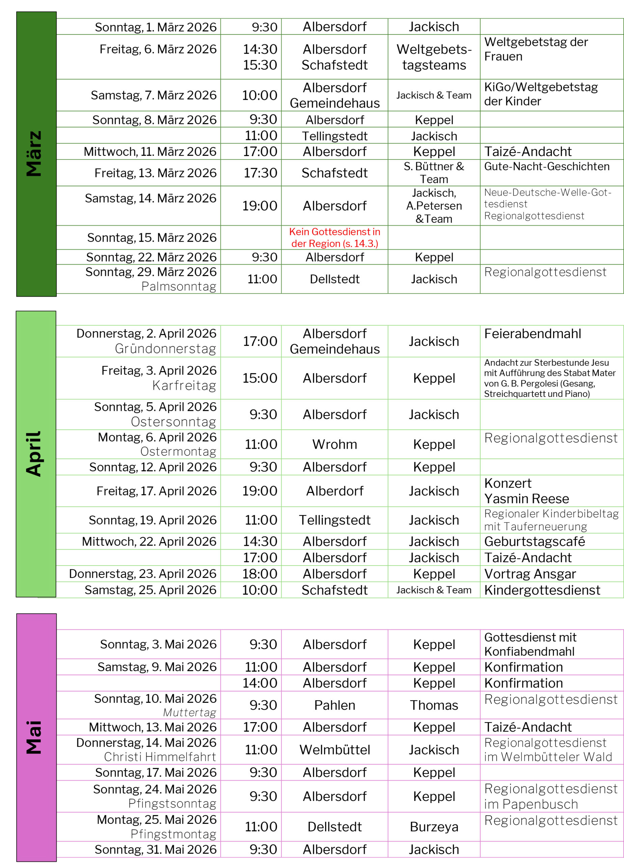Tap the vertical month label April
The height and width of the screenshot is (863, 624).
pyautogui.click(x=33, y=453)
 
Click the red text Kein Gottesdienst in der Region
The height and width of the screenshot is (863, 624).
pyautogui.click(x=334, y=237)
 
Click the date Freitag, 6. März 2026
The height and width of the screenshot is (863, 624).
pyautogui.click(x=158, y=49)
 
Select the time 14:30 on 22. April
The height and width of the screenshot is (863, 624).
pyautogui.click(x=260, y=541)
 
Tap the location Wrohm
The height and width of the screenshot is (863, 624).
pyautogui.click(x=334, y=444)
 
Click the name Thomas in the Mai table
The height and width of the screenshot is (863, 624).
pyautogui.click(x=434, y=705)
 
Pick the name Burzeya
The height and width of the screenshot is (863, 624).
pyautogui.click(x=434, y=827)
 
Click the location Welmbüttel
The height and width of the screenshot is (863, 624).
pyautogui.click(x=334, y=750)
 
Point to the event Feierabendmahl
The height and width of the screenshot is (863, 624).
pyautogui.click(x=532, y=334)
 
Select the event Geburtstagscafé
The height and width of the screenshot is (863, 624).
pyautogui.click(x=534, y=541)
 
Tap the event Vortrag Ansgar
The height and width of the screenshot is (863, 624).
pyautogui.click(x=530, y=573)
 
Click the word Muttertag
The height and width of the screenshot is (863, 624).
pyautogui.click(x=189, y=712)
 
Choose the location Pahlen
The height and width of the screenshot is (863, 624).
pyautogui.click(x=334, y=705)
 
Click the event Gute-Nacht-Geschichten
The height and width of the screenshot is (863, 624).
pyautogui.click(x=546, y=166)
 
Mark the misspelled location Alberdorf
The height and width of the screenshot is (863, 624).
pyautogui.click(x=334, y=491)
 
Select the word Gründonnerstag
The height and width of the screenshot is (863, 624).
pyautogui.click(x=165, y=349)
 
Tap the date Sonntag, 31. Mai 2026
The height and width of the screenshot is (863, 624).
pyautogui.click(x=155, y=849)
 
